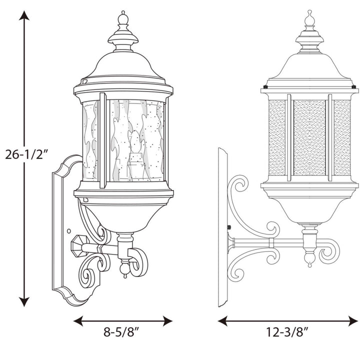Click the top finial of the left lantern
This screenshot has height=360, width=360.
point(123,19)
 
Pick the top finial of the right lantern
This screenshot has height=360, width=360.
point(309,18)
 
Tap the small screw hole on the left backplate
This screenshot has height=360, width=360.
point(68,231)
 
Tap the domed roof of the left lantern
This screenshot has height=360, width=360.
point(123,65)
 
